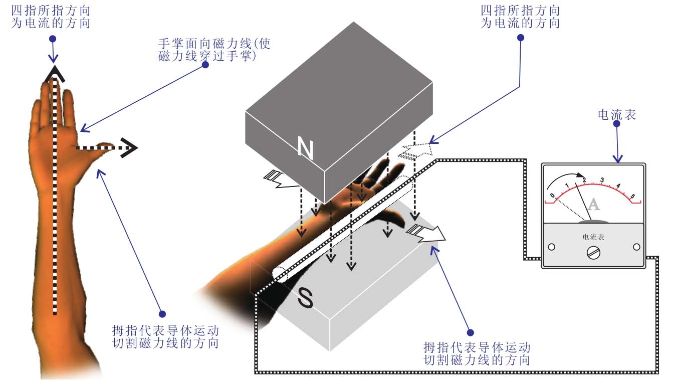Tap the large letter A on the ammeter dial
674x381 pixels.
point(593,204)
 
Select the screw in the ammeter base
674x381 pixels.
point(594,253)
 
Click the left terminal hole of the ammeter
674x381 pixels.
point(552,247)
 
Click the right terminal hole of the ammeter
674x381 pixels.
point(636,247)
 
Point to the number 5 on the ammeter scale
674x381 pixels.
point(632,196)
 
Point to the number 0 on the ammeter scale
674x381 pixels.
point(552,195)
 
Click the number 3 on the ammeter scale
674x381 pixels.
point(602,180)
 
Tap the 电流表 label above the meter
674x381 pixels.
point(616,115)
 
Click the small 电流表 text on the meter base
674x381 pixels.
point(594,237)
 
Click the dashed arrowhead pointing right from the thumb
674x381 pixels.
point(129,148)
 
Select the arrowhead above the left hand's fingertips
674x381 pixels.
point(55,74)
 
